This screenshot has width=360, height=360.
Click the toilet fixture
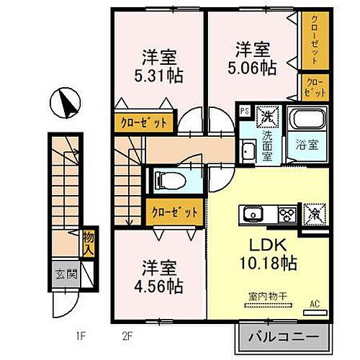click(x=169, y=180)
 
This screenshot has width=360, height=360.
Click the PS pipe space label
click(x=245, y=111)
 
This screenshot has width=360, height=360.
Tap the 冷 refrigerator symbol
click(x=315, y=214)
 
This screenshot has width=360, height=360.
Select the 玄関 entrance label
click(x=61, y=274)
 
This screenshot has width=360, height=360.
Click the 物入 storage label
click(x=88, y=242)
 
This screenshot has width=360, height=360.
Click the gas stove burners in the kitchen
click(x=287, y=214)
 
